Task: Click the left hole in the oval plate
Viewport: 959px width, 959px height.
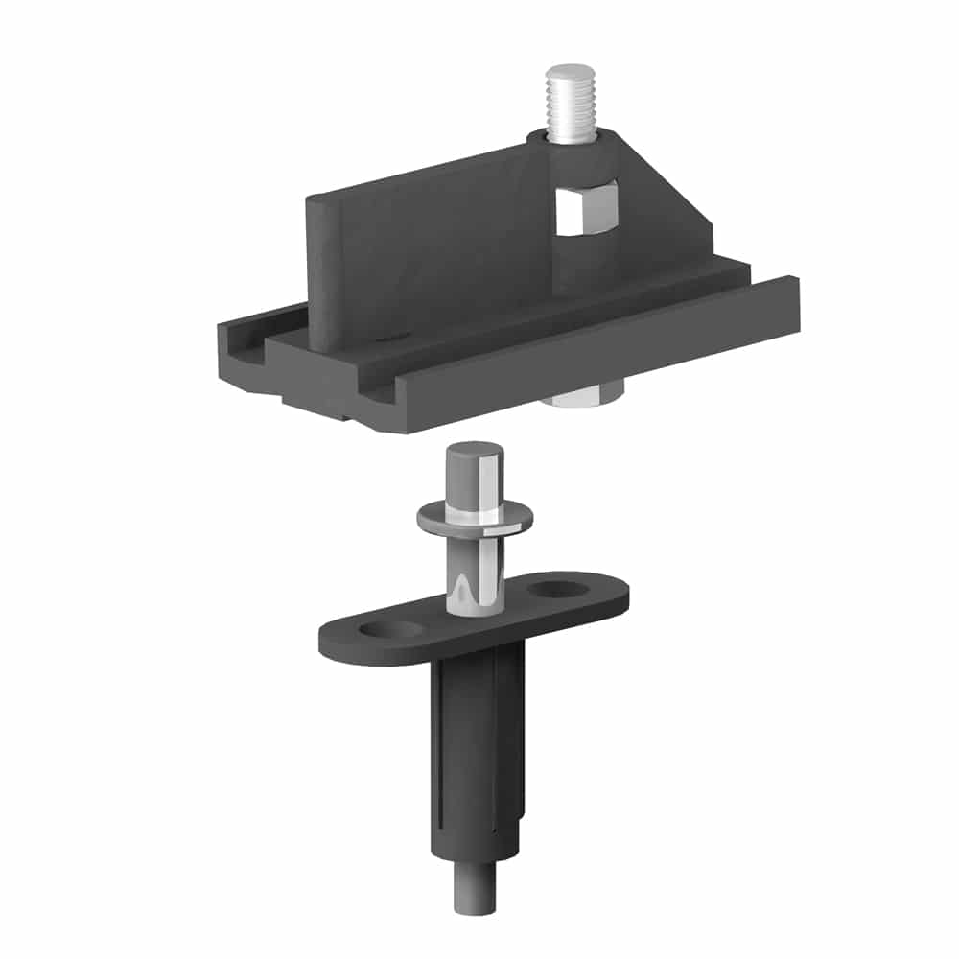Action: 394,630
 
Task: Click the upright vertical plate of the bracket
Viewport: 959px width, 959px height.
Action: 422,249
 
